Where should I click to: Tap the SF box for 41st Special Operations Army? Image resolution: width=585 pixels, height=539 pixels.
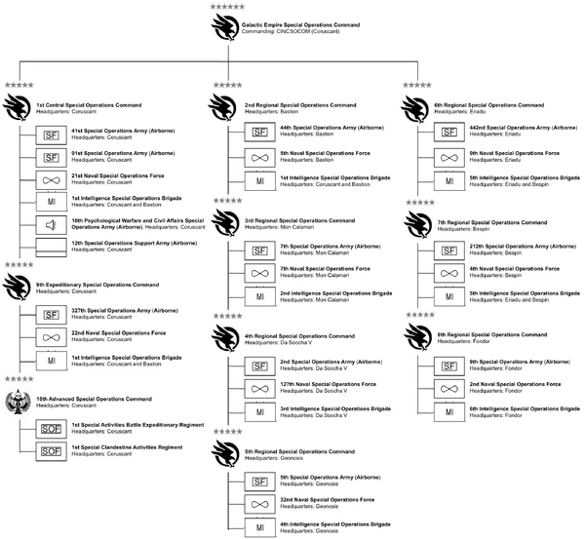pyautogui.click(x=51, y=133)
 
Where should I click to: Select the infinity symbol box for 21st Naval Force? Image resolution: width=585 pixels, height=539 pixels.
pyautogui.click(x=51, y=179)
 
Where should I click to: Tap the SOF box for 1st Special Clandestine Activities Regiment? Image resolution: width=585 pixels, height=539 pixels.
pyautogui.click(x=51, y=451)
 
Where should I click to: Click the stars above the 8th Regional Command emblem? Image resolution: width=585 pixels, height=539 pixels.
pyautogui.click(x=420, y=316)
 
